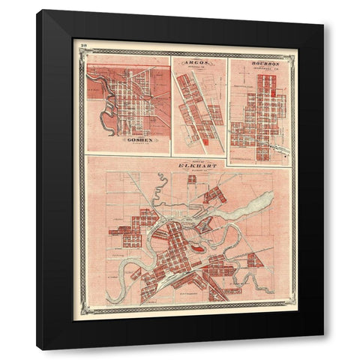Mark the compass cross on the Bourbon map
tap(280, 87)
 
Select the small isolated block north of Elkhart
tap(192, 179)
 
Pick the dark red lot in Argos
tap(203, 139)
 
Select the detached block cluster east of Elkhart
tap(255, 260)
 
